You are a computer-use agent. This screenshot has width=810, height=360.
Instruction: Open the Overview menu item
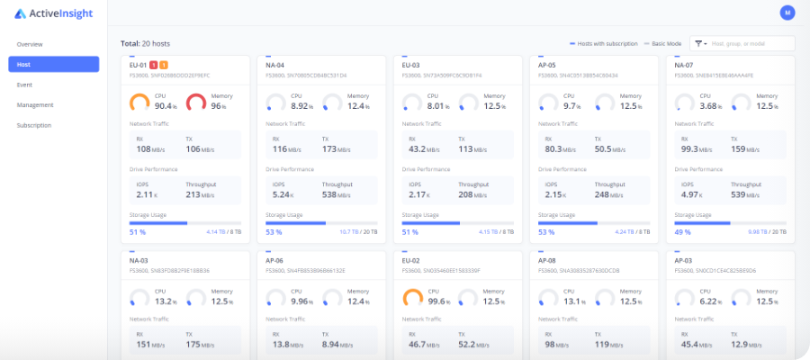(30, 44)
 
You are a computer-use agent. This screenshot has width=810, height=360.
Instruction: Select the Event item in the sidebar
(25, 85)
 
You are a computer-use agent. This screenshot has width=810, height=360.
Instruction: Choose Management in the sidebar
(35, 105)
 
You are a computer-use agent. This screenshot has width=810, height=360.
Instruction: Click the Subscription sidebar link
(34, 125)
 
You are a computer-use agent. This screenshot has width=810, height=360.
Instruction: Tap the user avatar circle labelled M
(787, 13)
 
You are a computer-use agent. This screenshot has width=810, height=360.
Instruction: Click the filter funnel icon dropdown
(698, 43)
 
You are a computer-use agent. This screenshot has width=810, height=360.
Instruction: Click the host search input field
(751, 43)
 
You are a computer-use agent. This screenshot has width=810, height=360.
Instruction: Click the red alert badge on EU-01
(154, 65)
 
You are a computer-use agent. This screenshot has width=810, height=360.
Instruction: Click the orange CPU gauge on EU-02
(412, 299)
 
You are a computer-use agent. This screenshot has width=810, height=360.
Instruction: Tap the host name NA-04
(275, 65)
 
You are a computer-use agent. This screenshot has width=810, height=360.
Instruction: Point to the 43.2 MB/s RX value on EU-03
(423, 149)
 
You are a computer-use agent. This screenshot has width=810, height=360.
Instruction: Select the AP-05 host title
(547, 65)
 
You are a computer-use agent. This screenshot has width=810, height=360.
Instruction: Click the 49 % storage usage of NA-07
(682, 231)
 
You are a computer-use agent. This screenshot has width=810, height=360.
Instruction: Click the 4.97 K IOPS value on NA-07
(689, 194)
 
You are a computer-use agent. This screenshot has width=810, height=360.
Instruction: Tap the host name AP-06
(275, 259)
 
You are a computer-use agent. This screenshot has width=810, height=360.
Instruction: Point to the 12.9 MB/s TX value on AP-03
(745, 344)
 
